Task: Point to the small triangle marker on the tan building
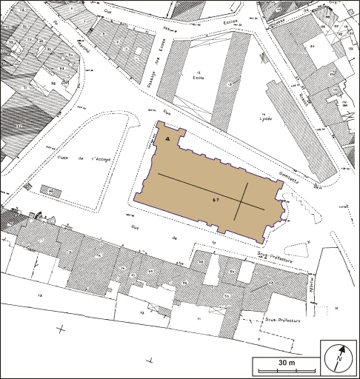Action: tap(168, 138)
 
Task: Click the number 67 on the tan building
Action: tap(216, 198)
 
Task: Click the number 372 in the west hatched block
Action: tap(20, 127)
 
